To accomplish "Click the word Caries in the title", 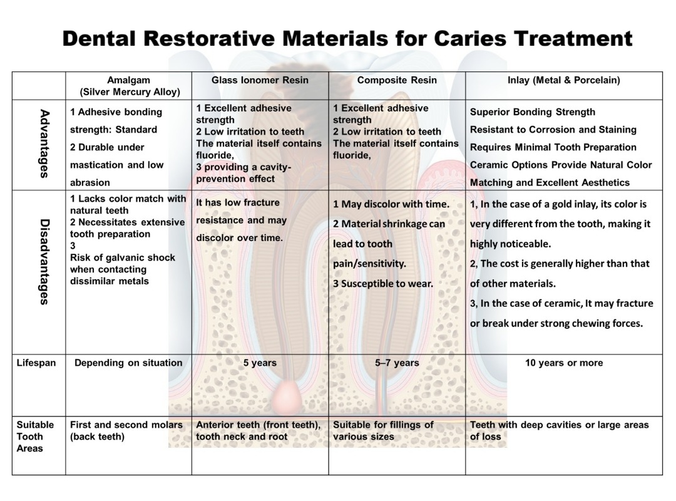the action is pyautogui.click(x=469, y=38).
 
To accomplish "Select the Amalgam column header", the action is pyautogui.click(x=128, y=86).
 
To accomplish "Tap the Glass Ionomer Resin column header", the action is pyautogui.click(x=260, y=80).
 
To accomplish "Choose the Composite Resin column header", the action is pyautogui.click(x=397, y=80).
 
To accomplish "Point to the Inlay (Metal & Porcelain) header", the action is pyautogui.click(x=564, y=80).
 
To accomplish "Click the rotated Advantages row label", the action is pyautogui.click(x=44, y=143).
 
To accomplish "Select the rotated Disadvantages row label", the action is pyautogui.click(x=44, y=262).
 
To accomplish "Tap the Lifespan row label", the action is pyautogui.click(x=36, y=363).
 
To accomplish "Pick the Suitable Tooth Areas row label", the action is pyautogui.click(x=35, y=436).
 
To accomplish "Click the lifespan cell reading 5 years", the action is pyautogui.click(x=260, y=363).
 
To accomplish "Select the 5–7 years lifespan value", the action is pyautogui.click(x=397, y=363).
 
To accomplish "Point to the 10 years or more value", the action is pyautogui.click(x=564, y=363).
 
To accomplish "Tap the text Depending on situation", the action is pyautogui.click(x=128, y=363).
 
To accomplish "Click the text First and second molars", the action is pyautogui.click(x=126, y=425).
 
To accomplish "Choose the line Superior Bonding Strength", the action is pyautogui.click(x=533, y=112).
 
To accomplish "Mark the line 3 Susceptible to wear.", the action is pyautogui.click(x=383, y=284).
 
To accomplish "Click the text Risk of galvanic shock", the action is pyautogui.click(x=123, y=257).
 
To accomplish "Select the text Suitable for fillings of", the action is pyautogui.click(x=383, y=425).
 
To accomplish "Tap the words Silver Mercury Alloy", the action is pyautogui.click(x=130, y=92).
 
